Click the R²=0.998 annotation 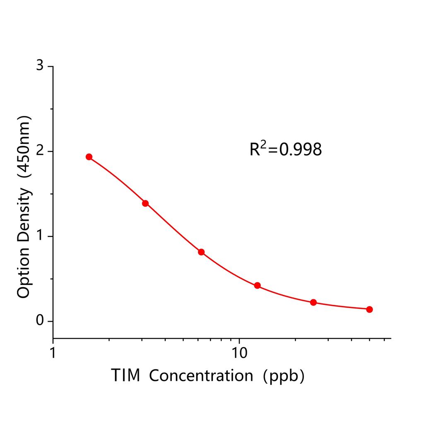pos(285,149)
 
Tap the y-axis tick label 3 pos(40,66)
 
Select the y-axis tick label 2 pos(40,151)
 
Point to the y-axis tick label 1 pos(40,236)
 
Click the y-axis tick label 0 pos(40,321)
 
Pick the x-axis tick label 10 pos(239,353)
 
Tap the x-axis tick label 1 pos(53,353)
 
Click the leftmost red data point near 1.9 pos(89,157)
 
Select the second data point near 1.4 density pos(145,203)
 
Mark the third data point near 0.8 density pos(201,252)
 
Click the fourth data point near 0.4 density pos(257,285)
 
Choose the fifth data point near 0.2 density pos(313,302)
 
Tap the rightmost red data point pos(369,309)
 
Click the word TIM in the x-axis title pos(125,376)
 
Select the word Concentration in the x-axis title pos(201,376)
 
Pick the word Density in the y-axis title pos(24,215)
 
